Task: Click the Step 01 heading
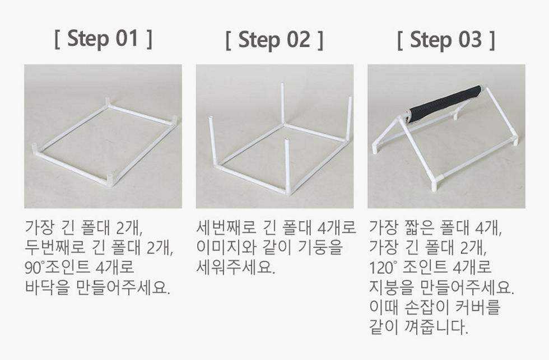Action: [103, 39]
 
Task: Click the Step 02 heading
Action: [274, 40]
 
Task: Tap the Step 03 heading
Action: [446, 40]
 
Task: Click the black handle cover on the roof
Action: [445, 102]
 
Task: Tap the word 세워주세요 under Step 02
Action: [235, 268]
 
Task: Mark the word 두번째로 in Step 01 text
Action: [55, 247]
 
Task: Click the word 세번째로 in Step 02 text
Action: [226, 228]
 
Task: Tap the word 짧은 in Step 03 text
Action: [420, 228]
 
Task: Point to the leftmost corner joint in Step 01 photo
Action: [36, 149]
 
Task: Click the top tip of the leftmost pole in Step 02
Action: [211, 118]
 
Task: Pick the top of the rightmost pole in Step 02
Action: [350, 99]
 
